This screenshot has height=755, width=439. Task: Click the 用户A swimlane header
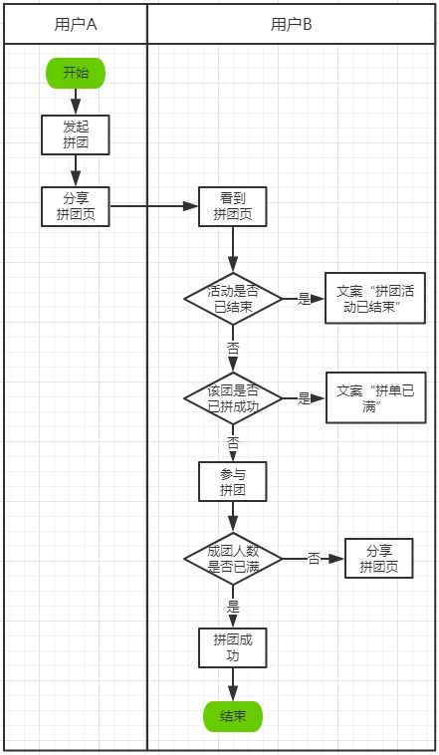[76, 25]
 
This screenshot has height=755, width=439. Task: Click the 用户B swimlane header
[292, 25]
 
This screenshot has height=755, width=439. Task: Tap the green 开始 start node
[76, 73]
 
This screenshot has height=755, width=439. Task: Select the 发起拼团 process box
[76, 134]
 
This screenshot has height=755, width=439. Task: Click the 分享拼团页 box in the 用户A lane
[76, 206]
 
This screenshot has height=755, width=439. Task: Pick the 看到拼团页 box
[233, 206]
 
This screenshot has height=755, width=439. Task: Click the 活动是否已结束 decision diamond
[233, 299]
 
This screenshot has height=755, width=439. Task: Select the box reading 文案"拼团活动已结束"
[375, 299]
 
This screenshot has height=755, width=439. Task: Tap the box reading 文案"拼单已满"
[375, 398]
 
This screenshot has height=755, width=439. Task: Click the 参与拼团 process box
[233, 482]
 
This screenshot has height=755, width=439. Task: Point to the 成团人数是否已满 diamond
[233, 559]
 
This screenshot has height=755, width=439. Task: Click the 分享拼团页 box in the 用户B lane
[378, 559]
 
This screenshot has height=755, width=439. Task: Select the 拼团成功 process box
[233, 646]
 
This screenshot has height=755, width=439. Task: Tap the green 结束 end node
[233, 715]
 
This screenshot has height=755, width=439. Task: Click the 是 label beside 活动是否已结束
[304, 299]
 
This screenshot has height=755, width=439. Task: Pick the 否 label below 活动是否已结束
[233, 349]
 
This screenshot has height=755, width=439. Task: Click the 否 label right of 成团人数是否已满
[314, 559]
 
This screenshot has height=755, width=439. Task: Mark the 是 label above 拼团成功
[233, 606]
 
